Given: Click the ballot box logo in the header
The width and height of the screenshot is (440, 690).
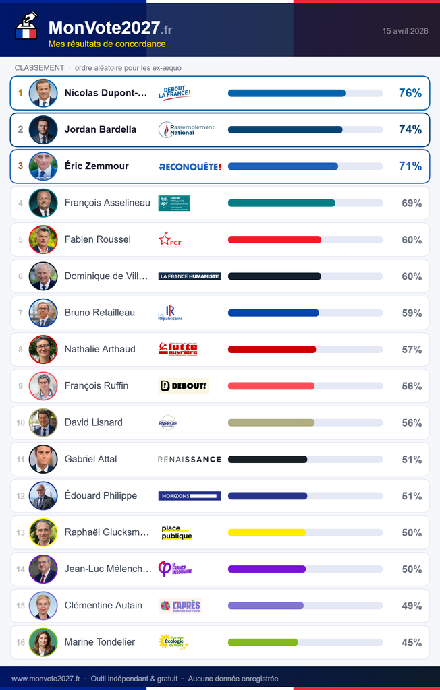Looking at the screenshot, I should click(26, 27).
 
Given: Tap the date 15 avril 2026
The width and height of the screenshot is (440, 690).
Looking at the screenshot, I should click(405, 31).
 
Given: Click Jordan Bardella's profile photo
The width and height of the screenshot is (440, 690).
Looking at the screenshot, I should click(43, 129).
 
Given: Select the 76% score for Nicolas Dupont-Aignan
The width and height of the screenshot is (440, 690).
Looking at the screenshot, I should click(410, 93).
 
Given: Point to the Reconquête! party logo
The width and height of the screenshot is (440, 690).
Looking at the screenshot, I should click(190, 166).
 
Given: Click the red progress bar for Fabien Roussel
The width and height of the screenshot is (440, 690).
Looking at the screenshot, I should click(275, 239).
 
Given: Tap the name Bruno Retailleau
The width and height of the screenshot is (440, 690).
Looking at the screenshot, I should click(100, 313).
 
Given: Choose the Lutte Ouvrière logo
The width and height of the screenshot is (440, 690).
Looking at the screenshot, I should click(178, 349).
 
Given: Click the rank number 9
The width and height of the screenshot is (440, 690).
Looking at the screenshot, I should click(21, 386).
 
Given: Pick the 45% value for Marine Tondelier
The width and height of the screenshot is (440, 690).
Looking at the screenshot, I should click(412, 643).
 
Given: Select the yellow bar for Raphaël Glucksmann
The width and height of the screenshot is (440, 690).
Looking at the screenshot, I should click(267, 532).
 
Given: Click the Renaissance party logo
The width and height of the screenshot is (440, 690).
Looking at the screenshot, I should click(190, 459).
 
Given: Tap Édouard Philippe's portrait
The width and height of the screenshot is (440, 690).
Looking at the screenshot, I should click(43, 496).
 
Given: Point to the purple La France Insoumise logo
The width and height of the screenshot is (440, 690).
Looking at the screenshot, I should click(175, 569).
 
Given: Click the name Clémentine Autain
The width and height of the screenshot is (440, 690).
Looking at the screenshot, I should click(103, 606).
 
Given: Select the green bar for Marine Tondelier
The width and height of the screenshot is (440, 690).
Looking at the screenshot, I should click(263, 642).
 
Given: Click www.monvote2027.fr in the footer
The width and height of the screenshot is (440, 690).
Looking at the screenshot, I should click(46, 679).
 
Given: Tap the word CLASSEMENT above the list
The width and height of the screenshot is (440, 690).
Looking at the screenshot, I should click(39, 68).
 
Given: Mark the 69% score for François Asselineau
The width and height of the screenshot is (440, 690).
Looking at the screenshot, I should click(412, 203).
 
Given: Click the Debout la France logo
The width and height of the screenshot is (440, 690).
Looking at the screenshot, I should click(175, 93).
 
